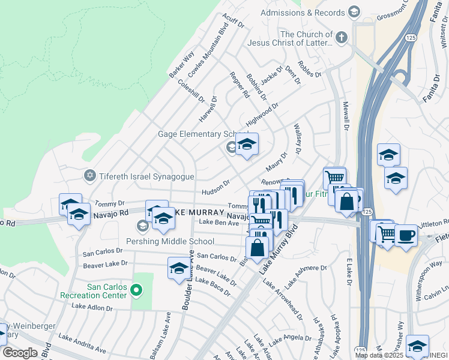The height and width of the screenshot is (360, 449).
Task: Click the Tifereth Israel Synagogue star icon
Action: click(x=90, y=175)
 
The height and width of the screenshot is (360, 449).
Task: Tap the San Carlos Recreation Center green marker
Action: click(x=136, y=291)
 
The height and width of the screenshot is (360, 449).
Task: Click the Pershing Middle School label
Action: click(x=170, y=241)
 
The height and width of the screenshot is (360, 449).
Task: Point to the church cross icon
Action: click(x=341, y=38)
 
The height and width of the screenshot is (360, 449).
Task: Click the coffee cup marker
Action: click(x=405, y=234)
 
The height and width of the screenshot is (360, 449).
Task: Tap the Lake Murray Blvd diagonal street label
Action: click(x=278, y=250)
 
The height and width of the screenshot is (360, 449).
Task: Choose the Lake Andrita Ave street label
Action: click(x=82, y=346)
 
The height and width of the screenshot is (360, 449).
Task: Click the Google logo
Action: click(x=20, y=352)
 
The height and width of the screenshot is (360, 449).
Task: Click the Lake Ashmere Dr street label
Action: click(x=306, y=275)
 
